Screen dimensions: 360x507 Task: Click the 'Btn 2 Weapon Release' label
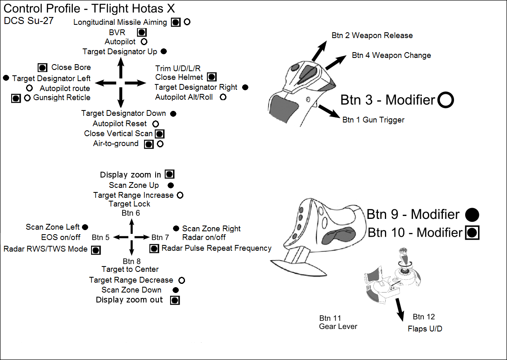tap(372, 36)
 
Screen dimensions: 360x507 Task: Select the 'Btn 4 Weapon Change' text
tap(391, 55)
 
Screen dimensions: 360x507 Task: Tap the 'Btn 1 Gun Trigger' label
tap(373, 120)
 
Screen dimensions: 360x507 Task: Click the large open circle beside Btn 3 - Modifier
tap(446, 100)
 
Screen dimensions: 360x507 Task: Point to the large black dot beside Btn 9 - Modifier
tap(472, 215)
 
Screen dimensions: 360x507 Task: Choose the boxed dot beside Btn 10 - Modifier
tap(472, 233)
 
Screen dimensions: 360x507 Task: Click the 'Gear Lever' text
tap(338, 326)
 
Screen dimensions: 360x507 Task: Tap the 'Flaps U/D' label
tap(425, 329)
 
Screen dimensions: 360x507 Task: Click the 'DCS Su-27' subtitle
tap(29, 21)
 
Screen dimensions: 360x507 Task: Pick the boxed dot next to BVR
tap(142, 32)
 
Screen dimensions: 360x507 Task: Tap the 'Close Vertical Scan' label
tap(118, 134)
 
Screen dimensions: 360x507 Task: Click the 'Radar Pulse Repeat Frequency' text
tap(216, 248)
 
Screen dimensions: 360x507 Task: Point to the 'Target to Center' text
tap(130, 269)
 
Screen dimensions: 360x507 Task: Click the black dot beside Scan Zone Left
tap(85, 227)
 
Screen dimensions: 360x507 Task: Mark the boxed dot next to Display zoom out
tap(175, 300)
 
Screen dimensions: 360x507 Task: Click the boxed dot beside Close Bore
tap(42, 68)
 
